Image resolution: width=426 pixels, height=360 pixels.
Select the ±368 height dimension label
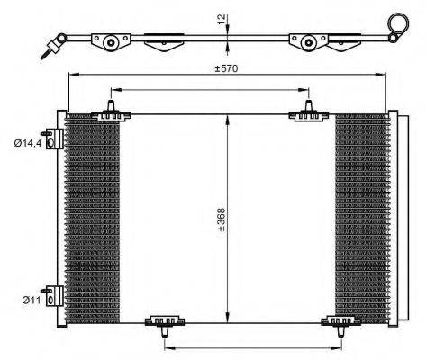point(222,221)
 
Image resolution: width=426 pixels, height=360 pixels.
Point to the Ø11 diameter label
point(29,301)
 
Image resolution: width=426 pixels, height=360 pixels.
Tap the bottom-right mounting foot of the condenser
point(342,323)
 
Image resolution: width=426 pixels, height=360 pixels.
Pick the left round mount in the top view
point(111,40)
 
